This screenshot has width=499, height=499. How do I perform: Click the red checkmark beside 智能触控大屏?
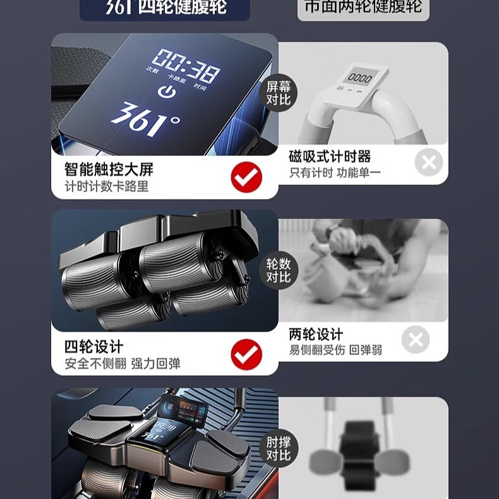(x=246, y=177)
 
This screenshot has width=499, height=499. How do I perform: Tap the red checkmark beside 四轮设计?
(x=246, y=354)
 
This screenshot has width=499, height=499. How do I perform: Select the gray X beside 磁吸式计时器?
(x=429, y=163)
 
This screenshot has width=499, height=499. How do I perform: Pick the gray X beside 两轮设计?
(x=415, y=340)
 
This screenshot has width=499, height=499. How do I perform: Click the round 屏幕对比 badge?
(x=278, y=93)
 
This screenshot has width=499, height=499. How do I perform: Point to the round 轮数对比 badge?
(x=278, y=270)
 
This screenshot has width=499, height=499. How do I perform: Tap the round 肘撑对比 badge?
(x=278, y=448)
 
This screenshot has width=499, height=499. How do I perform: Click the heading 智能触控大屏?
(x=109, y=169)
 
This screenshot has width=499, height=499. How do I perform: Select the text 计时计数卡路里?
(x=107, y=187)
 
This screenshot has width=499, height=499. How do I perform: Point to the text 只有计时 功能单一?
(x=335, y=172)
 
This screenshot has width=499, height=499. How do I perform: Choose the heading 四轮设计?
(x=93, y=347)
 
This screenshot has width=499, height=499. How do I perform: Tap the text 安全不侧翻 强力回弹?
(x=122, y=364)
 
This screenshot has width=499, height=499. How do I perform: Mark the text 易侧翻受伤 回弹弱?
(x=335, y=350)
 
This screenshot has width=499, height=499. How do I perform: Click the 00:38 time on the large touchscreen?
(x=185, y=66)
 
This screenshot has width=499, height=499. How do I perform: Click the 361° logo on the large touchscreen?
(x=145, y=118)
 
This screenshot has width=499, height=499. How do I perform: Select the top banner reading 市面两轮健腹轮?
(x=363, y=8)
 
